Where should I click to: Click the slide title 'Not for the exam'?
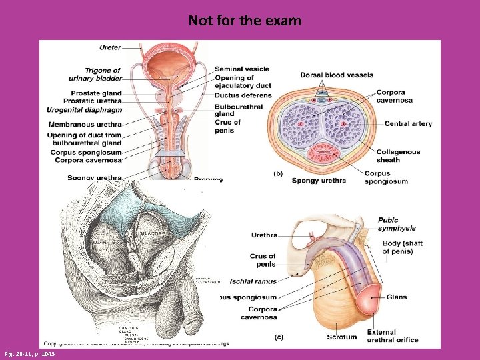pos(245,21)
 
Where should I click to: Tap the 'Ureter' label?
pos(110,47)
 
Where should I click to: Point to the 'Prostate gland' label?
pos(96,93)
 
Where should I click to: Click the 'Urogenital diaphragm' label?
pos(84,109)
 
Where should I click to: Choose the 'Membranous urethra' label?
pos(85,124)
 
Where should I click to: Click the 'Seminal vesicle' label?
pos(242,69)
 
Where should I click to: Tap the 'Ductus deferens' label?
pos(243,95)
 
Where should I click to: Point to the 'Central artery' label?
pos(408,123)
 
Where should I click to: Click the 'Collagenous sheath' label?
pos(398,155)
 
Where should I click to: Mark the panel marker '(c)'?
pos(278,337)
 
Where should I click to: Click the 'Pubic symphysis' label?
pos(397,225)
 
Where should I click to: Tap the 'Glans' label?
pos(396,297)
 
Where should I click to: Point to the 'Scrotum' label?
pos(342,337)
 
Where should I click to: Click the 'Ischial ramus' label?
pos(253,281)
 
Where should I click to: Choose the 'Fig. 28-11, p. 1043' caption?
pos(29,354)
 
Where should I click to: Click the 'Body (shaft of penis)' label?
pos(402,247)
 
